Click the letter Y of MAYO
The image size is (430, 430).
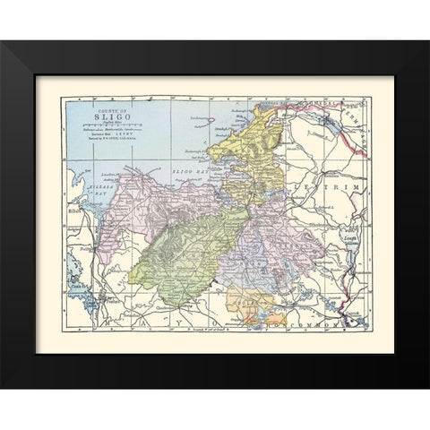click(188, 318)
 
